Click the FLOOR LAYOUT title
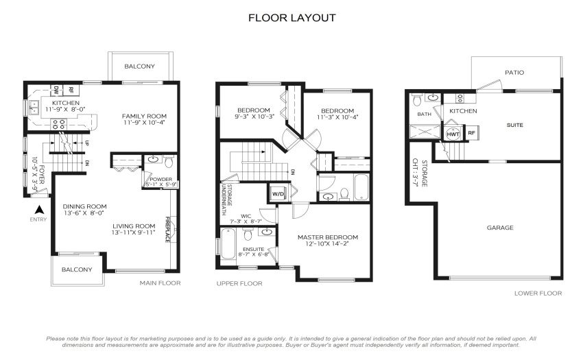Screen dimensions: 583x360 (x=292, y=18)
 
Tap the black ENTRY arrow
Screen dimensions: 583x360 (x=39, y=210)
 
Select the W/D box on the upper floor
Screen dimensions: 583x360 (x=278, y=193)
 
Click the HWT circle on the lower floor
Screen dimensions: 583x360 (x=453, y=134)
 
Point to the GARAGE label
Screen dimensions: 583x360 (x=500, y=228)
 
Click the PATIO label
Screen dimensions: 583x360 (x=514, y=73)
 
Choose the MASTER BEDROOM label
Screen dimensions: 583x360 (x=328, y=237)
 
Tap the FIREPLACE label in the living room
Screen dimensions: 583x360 (x=167, y=230)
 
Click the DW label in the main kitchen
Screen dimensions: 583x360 (x=56, y=90)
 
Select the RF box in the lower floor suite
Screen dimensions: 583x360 (x=471, y=133)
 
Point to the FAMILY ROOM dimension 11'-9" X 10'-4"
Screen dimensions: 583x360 (x=144, y=122)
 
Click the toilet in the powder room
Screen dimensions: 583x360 (x=169, y=161)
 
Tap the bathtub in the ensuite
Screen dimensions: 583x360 (x=226, y=243)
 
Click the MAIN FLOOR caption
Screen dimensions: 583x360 (x=160, y=283)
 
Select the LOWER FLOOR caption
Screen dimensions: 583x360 (x=538, y=293)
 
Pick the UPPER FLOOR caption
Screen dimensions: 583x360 (x=239, y=283)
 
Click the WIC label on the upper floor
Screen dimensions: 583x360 (x=246, y=216)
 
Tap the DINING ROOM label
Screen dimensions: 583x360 (x=84, y=206)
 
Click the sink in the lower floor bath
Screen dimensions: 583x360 (x=433, y=97)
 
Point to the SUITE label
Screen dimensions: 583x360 (x=515, y=125)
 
